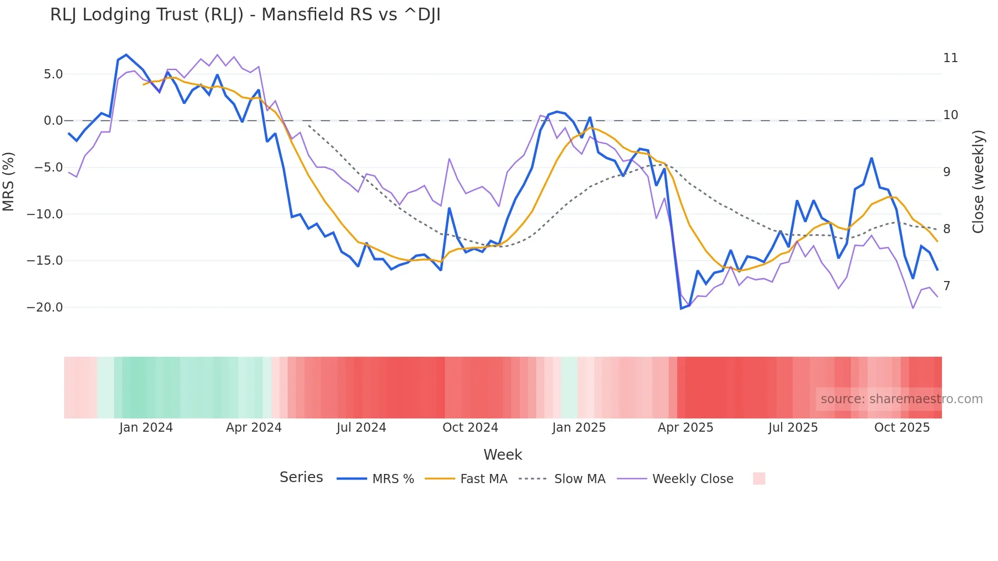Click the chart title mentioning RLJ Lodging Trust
245,15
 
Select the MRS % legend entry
393,479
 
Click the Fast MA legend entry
483,479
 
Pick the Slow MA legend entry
579,479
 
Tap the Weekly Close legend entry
692,479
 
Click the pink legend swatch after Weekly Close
759,479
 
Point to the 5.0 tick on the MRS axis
53,74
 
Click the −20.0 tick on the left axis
45,307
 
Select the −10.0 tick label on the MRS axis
45,214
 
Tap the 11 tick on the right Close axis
950,58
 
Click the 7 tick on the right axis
947,286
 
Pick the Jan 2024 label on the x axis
146,428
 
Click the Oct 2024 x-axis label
470,428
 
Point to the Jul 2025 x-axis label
793,428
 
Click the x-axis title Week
503,455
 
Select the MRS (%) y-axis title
9,181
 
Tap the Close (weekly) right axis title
978,181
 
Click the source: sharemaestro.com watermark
901,399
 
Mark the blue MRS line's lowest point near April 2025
681,308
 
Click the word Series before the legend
301,478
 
